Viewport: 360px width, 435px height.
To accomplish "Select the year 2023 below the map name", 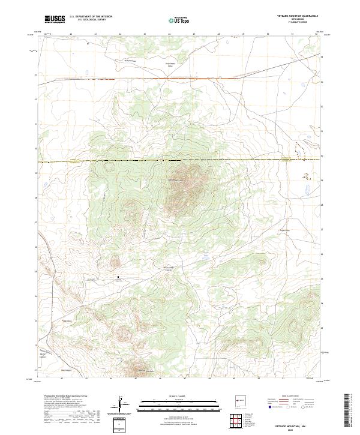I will point(298,430).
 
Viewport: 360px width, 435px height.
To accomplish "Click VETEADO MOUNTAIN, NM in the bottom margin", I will point(297,425).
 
